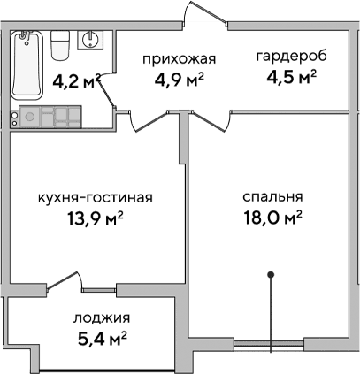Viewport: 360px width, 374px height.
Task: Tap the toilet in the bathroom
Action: tap(60, 42)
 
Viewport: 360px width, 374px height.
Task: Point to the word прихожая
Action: tap(180, 59)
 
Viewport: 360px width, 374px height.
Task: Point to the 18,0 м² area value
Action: tap(272, 217)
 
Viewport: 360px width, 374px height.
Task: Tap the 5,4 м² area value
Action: tap(99, 338)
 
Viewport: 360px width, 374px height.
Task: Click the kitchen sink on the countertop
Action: tap(29, 115)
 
